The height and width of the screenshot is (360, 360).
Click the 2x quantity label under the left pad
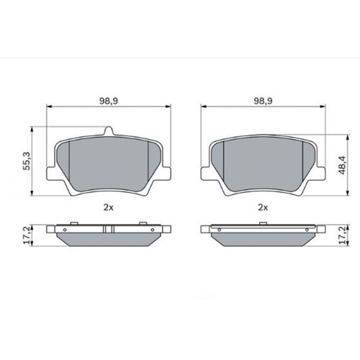coord(109,207)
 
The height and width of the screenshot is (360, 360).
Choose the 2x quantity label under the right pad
coord(263,207)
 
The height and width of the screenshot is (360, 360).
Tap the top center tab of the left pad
coord(109,132)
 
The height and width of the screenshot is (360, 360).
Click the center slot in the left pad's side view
coord(109,230)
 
